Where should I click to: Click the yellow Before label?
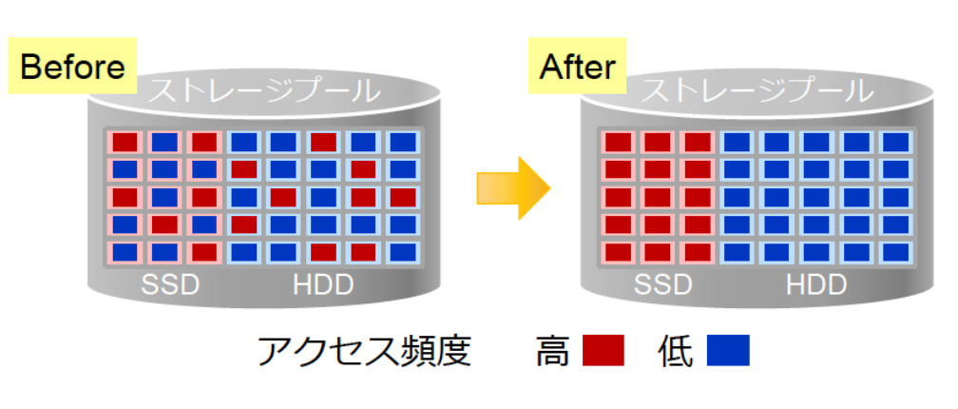pyautogui.click(x=72, y=66)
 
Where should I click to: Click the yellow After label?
pyautogui.click(x=578, y=66)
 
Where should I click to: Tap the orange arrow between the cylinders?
pyautogui.click(x=514, y=187)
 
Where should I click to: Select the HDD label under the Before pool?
pyautogui.click(x=323, y=285)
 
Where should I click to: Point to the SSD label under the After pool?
pyautogui.click(x=663, y=285)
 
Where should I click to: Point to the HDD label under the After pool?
pyautogui.click(x=816, y=285)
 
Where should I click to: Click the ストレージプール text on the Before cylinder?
pyautogui.click(x=264, y=91)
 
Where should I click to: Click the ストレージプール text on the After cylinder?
pyautogui.click(x=757, y=91)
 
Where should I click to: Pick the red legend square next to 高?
pyautogui.click(x=603, y=350)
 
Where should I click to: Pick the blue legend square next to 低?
pyautogui.click(x=728, y=350)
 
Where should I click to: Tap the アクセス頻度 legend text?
pyautogui.click(x=365, y=351)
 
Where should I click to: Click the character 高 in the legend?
pyautogui.click(x=553, y=351)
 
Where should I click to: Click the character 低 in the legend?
pyautogui.click(x=677, y=351)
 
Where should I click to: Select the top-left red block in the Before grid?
pyautogui.click(x=125, y=143)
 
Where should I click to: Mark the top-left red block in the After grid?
pyautogui.click(x=618, y=143)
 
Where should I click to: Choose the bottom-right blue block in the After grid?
pyautogui.click(x=895, y=252)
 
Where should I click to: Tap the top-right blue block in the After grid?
pyautogui.click(x=895, y=143)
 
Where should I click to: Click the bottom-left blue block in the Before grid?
pyautogui.click(x=125, y=252)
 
